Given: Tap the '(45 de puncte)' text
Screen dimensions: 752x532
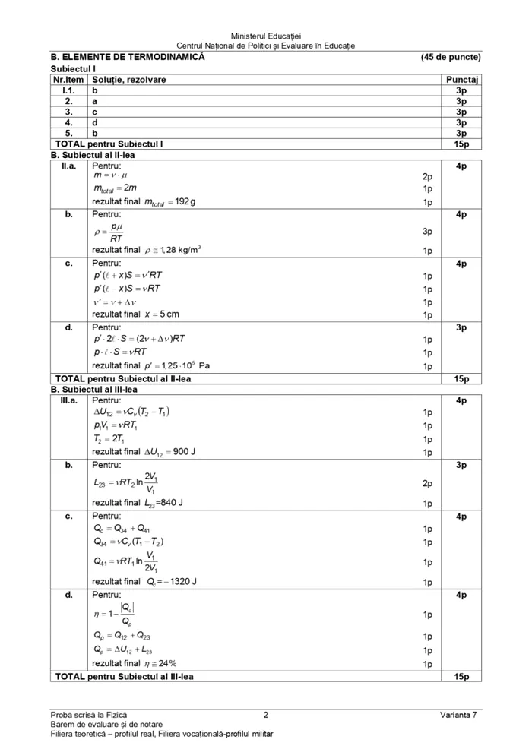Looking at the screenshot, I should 450,57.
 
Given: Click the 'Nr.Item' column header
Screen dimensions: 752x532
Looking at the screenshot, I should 68,79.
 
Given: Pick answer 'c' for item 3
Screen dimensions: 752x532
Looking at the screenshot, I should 94,111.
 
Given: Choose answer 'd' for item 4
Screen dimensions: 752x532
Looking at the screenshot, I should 94,122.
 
